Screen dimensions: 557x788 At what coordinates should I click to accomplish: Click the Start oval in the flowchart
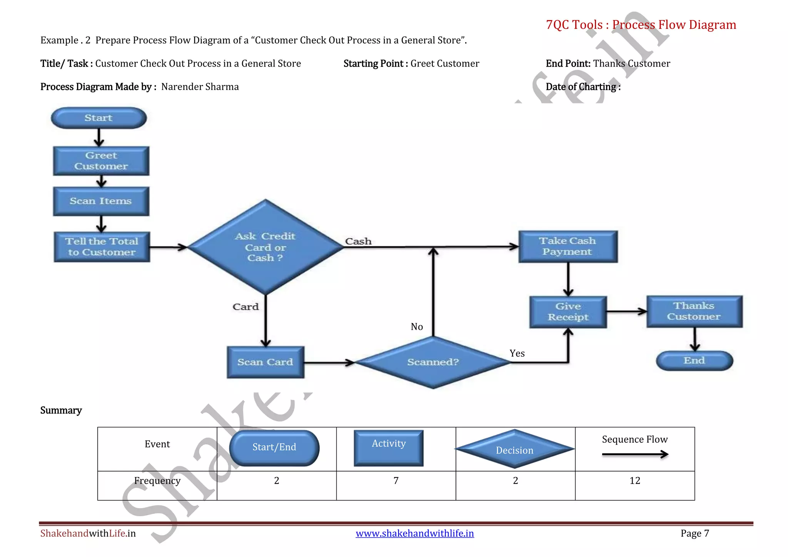tap(99, 118)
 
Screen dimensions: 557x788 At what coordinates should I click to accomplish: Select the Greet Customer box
tap(101, 161)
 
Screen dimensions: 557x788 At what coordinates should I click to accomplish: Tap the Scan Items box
tap(101, 201)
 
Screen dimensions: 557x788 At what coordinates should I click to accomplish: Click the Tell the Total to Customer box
tap(102, 247)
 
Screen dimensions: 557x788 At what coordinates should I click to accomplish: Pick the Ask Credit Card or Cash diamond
tap(265, 247)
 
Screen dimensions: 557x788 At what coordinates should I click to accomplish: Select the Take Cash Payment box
tap(568, 247)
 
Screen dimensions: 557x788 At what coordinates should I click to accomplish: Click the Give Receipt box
tap(568, 312)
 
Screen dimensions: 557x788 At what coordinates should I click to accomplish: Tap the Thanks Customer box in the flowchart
tap(694, 312)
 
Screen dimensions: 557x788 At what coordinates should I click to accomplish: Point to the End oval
tap(695, 361)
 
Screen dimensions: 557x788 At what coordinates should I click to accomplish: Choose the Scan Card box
tap(265, 362)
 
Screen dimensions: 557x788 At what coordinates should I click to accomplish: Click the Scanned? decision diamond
tap(433, 362)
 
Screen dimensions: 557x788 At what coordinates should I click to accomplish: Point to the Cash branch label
tap(358, 242)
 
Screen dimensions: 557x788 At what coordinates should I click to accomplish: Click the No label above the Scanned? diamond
tap(417, 327)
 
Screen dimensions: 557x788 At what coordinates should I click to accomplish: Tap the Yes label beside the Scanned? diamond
tap(517, 354)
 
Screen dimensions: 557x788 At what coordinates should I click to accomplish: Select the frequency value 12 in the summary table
tap(635, 481)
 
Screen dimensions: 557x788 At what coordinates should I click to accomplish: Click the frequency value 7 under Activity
tap(396, 481)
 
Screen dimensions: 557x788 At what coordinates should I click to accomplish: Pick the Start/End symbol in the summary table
tap(274, 448)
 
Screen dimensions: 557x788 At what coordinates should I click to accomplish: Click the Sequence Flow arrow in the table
tap(635, 455)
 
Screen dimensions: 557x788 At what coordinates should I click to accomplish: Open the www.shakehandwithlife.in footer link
tap(415, 534)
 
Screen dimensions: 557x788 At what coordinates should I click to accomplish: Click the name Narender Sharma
tap(200, 87)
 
